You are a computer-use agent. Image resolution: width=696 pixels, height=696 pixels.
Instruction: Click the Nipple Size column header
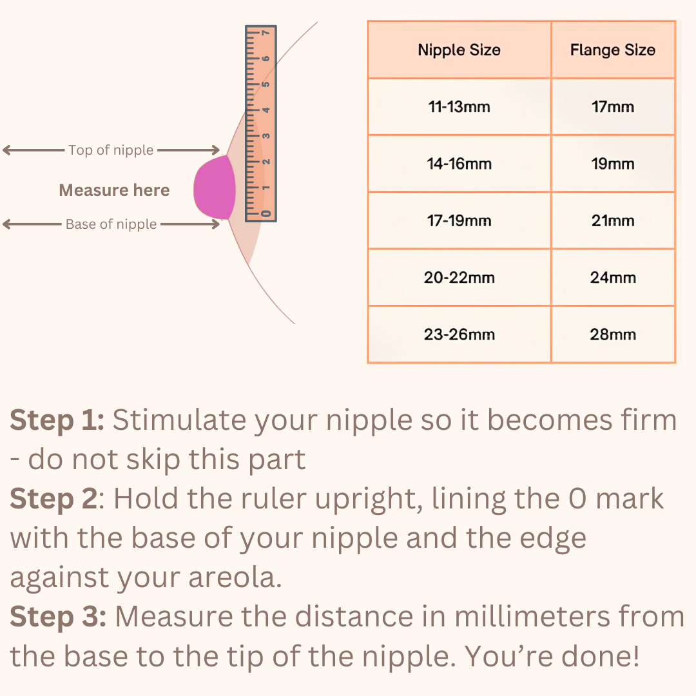click(x=459, y=50)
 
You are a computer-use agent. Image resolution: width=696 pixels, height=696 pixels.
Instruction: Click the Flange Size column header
click(x=612, y=50)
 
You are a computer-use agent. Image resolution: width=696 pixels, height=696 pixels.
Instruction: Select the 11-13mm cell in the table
click(x=459, y=107)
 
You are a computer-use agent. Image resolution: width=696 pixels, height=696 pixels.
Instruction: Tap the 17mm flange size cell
click(x=612, y=107)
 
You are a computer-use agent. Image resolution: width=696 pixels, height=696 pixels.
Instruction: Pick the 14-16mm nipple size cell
click(x=459, y=164)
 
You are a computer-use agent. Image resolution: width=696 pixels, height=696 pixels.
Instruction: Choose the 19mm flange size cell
click(x=612, y=164)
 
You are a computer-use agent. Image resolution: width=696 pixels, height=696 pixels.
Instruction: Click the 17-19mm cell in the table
click(x=459, y=221)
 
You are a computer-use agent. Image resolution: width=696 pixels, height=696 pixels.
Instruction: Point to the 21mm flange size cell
click(x=612, y=221)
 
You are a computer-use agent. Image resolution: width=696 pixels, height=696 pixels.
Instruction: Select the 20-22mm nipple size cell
click(x=459, y=278)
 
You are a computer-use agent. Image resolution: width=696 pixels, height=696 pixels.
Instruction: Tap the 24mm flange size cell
click(x=612, y=278)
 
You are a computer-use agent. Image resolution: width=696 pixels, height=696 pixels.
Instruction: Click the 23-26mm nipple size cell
click(x=459, y=334)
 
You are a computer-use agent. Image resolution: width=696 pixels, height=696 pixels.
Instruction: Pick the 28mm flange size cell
click(x=612, y=334)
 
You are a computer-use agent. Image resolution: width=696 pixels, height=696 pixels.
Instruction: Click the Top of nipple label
click(x=111, y=150)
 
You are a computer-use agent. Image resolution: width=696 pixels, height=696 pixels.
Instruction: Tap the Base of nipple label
click(x=111, y=224)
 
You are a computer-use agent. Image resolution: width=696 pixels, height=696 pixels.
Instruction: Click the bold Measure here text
click(x=114, y=190)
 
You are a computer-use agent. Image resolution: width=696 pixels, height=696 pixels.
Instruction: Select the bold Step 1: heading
click(x=57, y=421)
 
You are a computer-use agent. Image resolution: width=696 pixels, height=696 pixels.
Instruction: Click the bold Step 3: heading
click(x=58, y=617)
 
